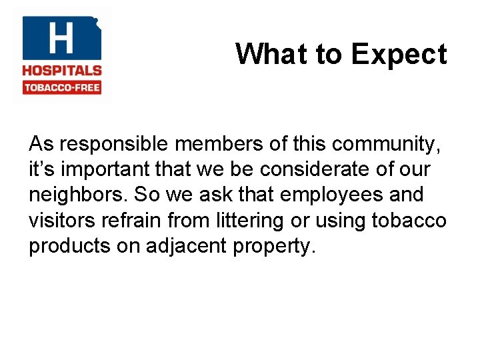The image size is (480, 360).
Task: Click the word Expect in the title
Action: tap(399, 54)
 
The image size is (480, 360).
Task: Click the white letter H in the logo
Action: tap(61, 38)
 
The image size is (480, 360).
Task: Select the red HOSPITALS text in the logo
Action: tap(61, 71)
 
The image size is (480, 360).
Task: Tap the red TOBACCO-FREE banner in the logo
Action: tap(61, 88)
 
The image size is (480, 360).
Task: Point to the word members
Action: tap(223, 144)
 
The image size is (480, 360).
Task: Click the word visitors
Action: tap(59, 220)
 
